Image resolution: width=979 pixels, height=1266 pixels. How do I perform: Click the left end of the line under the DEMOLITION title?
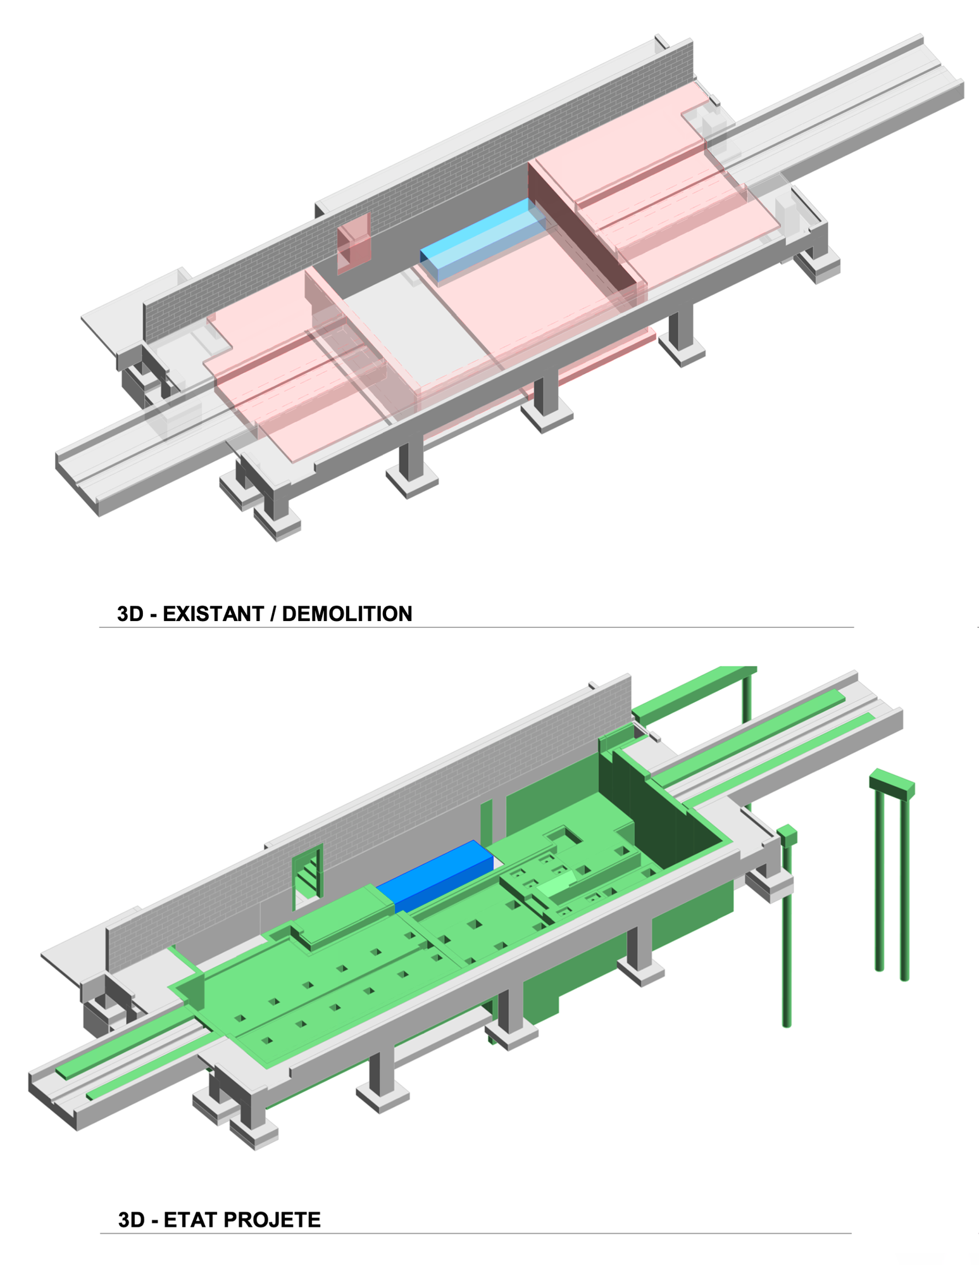99,627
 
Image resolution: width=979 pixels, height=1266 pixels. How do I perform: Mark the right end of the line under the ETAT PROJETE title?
852,1233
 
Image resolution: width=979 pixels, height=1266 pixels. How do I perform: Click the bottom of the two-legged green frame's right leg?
904,979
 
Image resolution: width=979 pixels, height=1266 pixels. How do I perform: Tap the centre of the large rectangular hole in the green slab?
565,836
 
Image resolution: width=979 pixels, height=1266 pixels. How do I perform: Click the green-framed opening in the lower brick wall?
308,872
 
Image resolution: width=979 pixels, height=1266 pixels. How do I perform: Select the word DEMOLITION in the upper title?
347,613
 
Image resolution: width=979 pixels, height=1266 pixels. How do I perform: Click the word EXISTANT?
213,613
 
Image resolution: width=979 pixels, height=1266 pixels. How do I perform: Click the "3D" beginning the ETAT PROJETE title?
132,1220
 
